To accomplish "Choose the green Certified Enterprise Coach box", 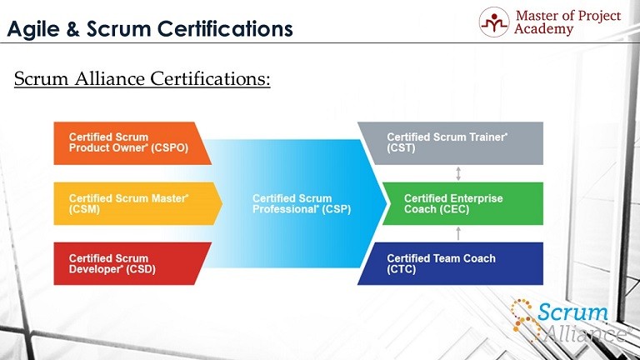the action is click(462, 203).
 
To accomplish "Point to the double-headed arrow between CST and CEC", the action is click(458, 173).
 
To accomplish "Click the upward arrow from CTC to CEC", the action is click(458, 233).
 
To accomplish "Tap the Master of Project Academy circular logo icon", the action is click(494, 22).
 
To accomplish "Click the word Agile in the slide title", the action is click(33, 29).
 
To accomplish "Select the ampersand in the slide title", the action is click(72, 29).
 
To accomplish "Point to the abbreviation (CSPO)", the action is click(169, 147).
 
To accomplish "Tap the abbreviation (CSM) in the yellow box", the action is click(84, 209).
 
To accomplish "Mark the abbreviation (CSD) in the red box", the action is click(141, 269).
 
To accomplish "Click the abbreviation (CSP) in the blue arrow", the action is click(337, 209).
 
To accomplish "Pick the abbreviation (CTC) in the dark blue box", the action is click(402, 269).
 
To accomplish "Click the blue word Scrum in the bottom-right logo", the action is click(572, 312).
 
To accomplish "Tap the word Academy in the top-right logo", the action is click(543, 29).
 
